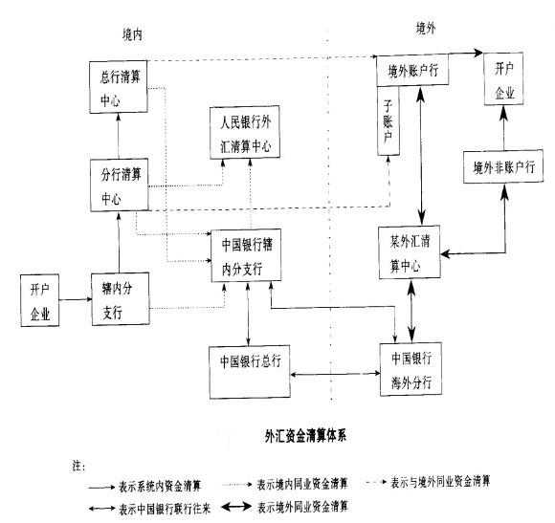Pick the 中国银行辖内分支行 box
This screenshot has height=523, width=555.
click(248, 256)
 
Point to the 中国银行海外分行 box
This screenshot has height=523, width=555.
click(413, 368)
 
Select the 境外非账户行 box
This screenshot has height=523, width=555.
click(503, 167)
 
